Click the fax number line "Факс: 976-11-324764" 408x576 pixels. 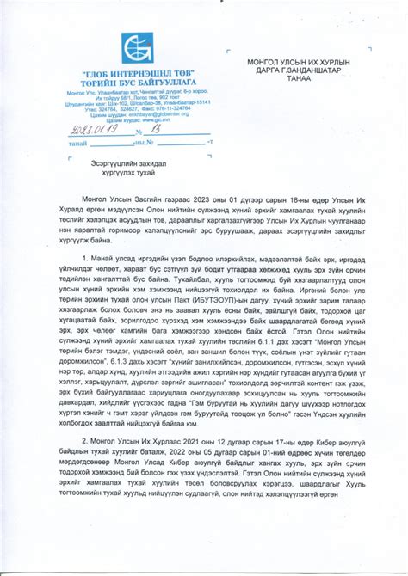(161, 108)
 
